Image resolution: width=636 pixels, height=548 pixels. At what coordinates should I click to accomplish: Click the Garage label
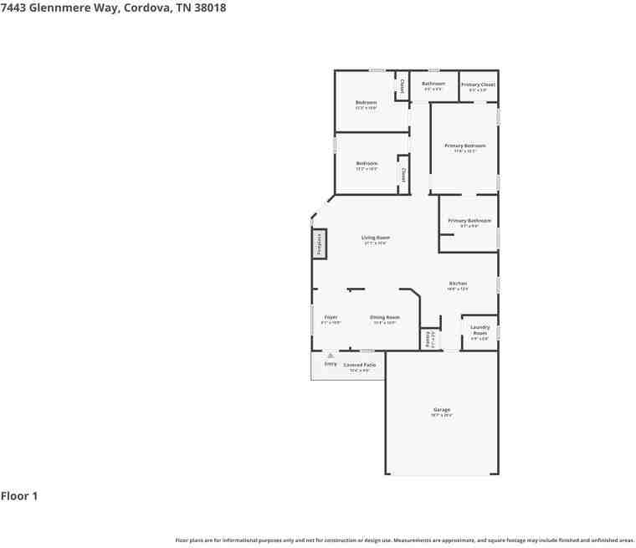(x=441, y=410)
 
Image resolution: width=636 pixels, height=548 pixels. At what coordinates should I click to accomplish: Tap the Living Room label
(x=376, y=238)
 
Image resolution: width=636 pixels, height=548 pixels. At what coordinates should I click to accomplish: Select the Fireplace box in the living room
(x=319, y=244)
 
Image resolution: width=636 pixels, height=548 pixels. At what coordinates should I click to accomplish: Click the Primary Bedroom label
(x=464, y=146)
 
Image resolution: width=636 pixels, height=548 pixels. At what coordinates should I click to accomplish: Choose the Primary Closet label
(x=478, y=85)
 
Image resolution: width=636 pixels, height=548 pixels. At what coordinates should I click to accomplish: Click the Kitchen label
(x=458, y=284)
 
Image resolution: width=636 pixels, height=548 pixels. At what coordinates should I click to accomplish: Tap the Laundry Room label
(x=480, y=330)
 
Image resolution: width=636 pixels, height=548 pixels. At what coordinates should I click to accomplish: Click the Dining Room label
(x=384, y=317)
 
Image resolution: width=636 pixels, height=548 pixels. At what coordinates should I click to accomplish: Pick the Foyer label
(x=331, y=317)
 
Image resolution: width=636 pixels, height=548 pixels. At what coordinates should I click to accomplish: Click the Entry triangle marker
(x=331, y=356)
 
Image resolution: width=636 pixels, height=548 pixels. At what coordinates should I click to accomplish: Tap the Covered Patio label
(x=359, y=365)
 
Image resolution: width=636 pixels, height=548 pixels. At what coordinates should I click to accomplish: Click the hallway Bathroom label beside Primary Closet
(x=433, y=84)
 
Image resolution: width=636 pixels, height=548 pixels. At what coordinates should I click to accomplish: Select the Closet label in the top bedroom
(x=402, y=86)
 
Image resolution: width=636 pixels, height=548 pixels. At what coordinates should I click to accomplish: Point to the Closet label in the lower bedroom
(x=403, y=176)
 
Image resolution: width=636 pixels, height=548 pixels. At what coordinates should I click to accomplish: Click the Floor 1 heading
(x=19, y=496)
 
